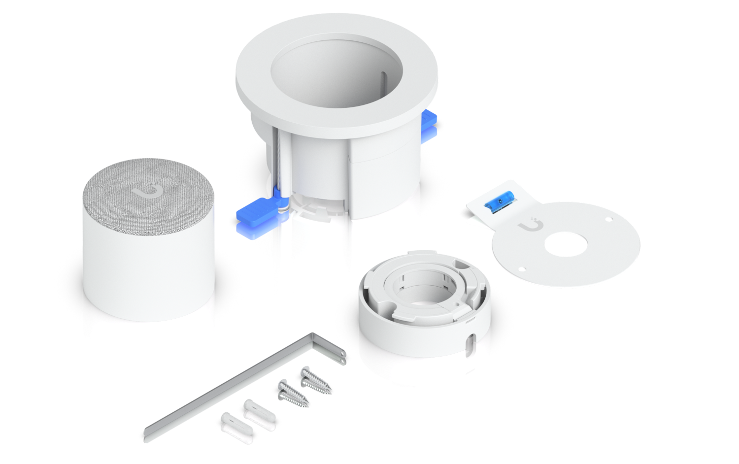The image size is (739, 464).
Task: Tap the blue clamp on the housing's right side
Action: pos(430,124)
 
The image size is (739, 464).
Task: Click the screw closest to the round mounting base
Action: pos(315,377)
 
